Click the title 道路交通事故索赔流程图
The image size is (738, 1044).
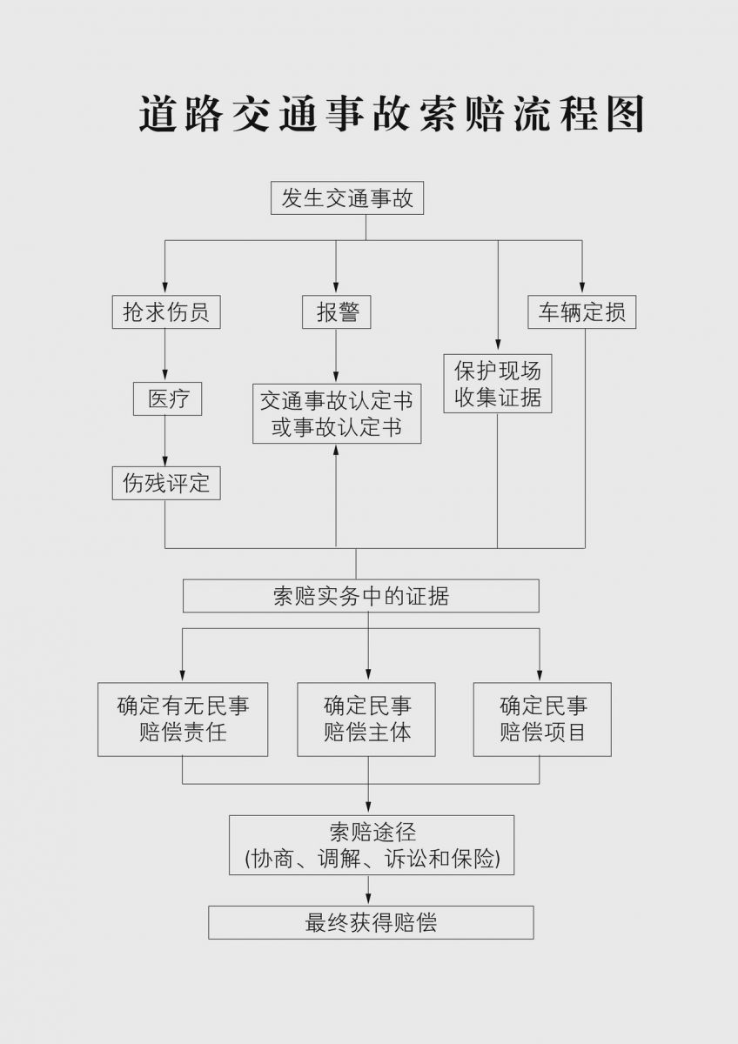pos(391,113)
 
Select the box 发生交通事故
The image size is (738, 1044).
pos(347,198)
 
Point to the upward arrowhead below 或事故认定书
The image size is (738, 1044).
pos(336,449)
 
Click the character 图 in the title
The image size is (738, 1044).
pos(626,113)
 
